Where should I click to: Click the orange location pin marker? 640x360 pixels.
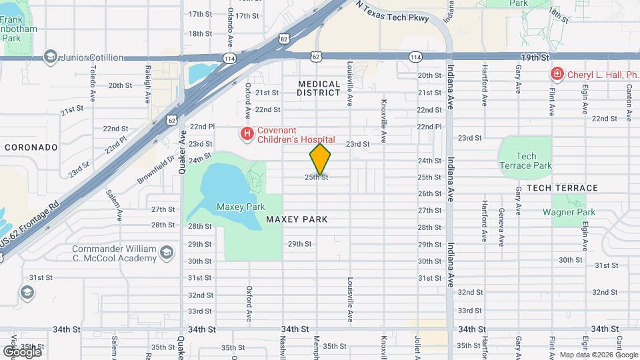[x=320, y=159]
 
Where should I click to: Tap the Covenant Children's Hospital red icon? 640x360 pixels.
[x=247, y=134]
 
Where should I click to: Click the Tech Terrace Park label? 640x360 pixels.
[x=526, y=161]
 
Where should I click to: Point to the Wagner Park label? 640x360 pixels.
[x=569, y=213]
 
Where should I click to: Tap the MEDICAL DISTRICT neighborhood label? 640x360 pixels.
[x=319, y=89]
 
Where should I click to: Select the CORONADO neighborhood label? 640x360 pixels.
[x=31, y=147]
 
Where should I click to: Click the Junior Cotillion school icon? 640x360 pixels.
[x=50, y=57]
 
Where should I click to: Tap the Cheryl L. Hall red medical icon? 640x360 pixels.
[x=556, y=75]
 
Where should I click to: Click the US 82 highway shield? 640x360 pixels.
[x=285, y=41]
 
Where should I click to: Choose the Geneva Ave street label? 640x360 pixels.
[x=501, y=217]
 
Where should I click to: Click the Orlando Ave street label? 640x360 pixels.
[x=231, y=23]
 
